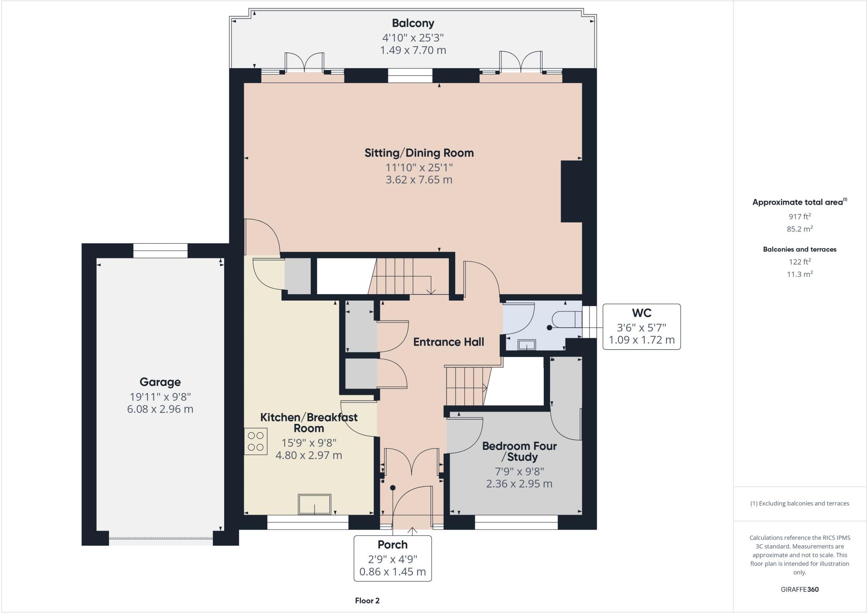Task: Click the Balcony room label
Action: point(413,23)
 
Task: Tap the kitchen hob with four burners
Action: point(256,441)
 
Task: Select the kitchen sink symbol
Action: point(314,504)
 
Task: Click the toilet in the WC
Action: point(565,319)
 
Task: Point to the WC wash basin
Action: point(526,344)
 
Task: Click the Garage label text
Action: point(160,382)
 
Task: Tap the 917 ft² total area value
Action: point(799,217)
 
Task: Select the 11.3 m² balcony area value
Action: point(799,274)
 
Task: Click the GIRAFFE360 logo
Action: point(799,589)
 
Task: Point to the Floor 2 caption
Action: point(367,600)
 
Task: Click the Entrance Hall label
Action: point(448,342)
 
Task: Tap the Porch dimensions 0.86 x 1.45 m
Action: point(392,571)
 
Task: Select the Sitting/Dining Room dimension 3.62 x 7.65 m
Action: point(419,179)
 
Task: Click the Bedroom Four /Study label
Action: point(519,451)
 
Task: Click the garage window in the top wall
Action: point(160,251)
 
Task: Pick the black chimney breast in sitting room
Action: point(571,191)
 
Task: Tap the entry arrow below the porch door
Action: point(413,530)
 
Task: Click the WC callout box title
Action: point(641,313)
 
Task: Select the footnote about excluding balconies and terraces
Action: point(799,504)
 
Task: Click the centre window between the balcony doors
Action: point(410,75)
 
